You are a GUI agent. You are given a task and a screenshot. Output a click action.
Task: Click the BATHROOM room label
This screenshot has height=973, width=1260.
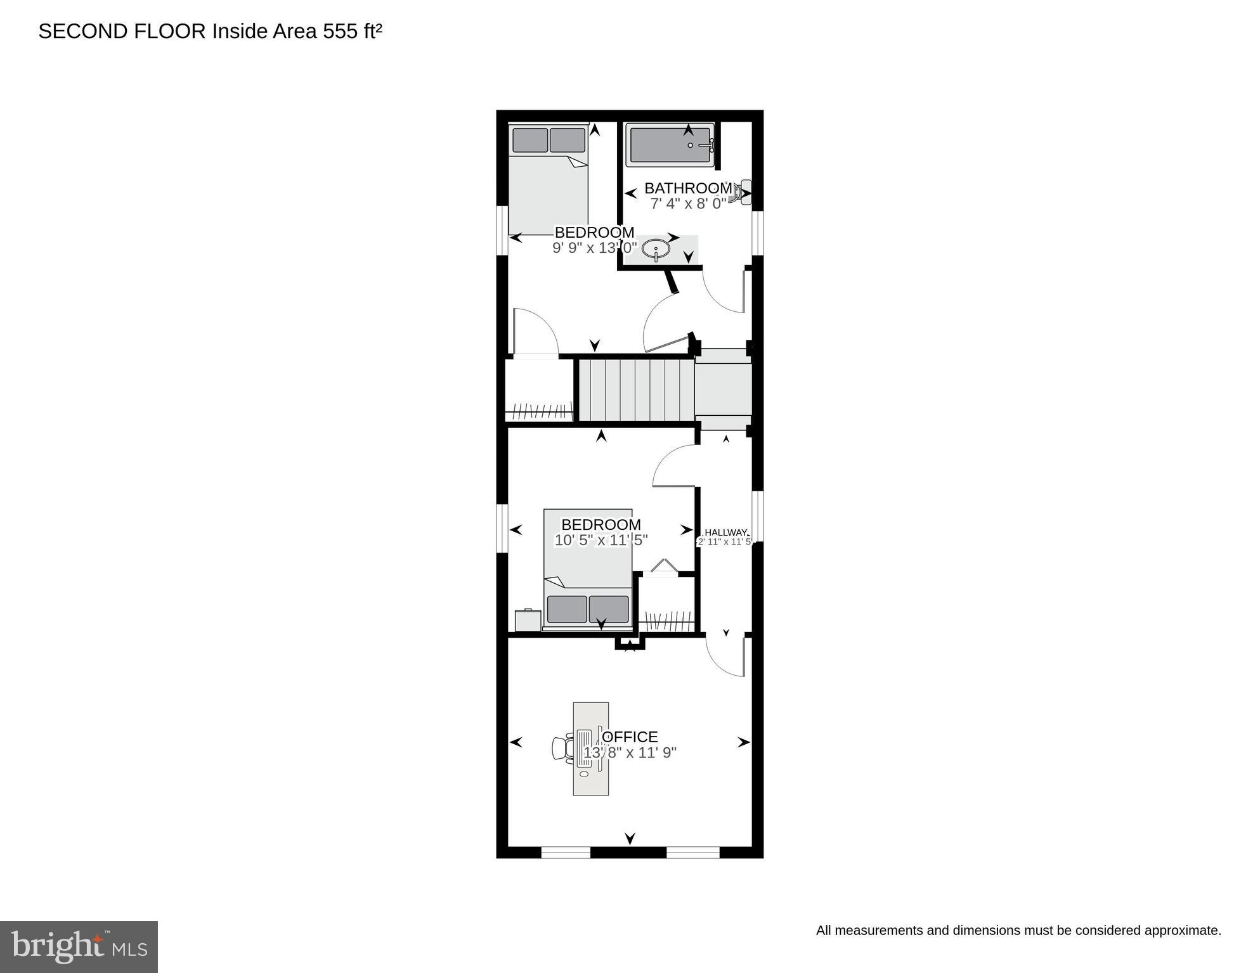point(688,188)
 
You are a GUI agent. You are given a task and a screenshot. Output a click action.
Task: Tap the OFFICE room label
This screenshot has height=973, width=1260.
point(630,737)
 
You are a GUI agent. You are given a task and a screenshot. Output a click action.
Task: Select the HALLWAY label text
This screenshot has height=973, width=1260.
point(726,532)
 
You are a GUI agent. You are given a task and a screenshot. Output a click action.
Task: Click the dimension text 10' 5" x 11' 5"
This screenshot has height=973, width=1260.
point(601,541)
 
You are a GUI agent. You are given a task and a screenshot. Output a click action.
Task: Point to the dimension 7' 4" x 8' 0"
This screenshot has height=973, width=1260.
point(688,204)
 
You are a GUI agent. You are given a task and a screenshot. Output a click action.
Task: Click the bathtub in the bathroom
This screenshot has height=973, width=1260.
point(670,145)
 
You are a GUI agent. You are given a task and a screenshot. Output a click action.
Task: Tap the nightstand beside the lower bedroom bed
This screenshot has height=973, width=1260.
point(528,620)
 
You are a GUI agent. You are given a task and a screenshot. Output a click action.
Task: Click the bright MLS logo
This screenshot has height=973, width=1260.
point(79,946)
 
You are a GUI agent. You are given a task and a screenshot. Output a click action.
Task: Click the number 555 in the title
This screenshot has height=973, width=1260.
point(341,32)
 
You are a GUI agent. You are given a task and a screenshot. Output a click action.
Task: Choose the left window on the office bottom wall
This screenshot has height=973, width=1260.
point(566,852)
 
